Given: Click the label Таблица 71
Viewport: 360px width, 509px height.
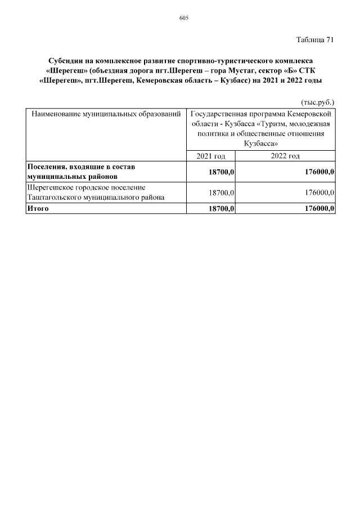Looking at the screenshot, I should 315,40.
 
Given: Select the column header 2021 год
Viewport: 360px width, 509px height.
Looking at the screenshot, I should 210,156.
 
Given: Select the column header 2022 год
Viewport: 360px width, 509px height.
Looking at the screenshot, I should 285,156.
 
